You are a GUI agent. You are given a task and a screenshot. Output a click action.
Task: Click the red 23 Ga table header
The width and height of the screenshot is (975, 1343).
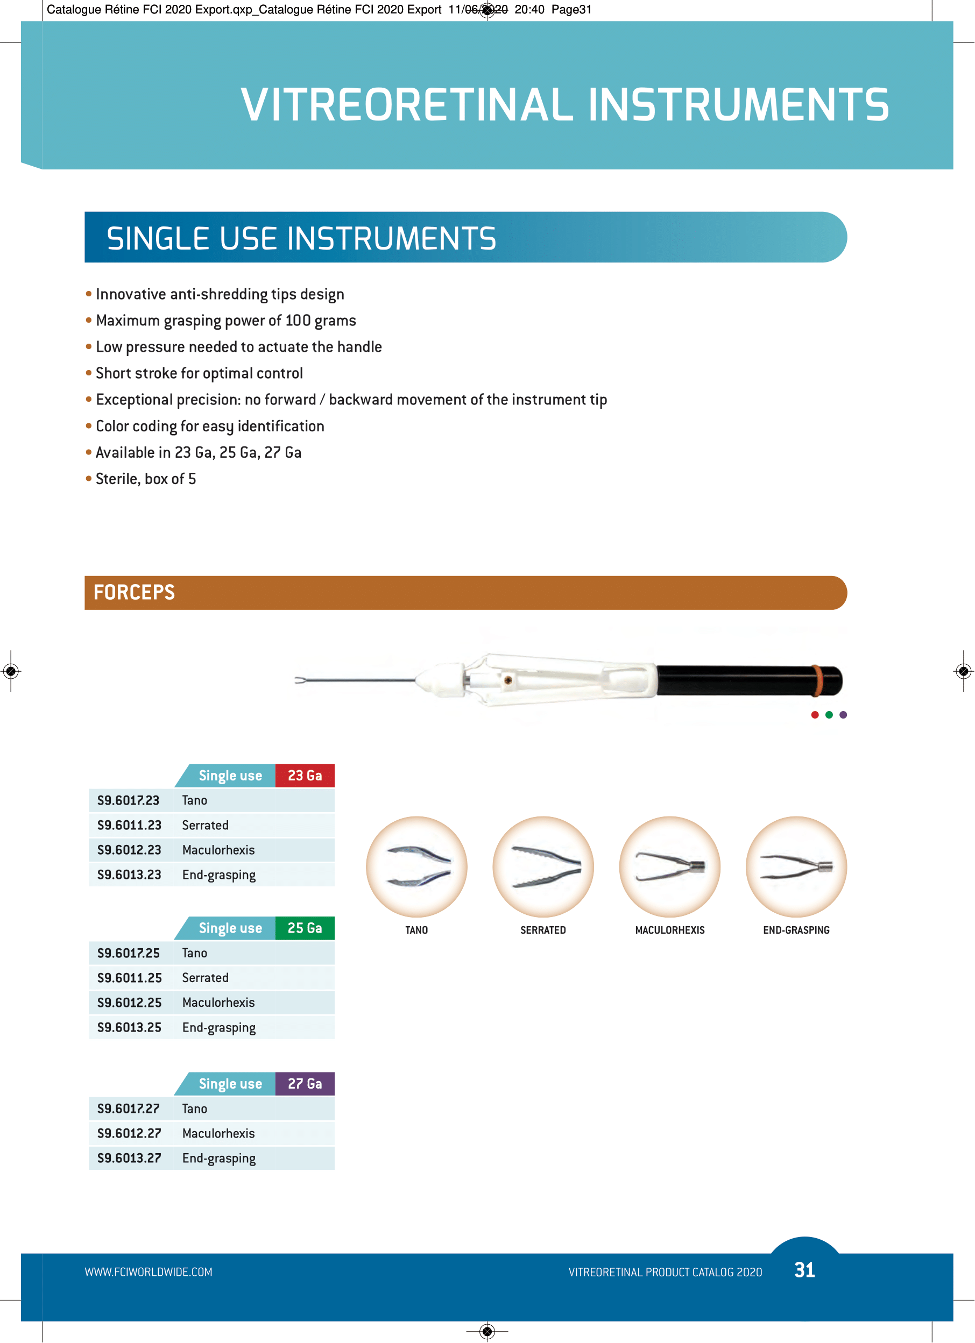point(305,776)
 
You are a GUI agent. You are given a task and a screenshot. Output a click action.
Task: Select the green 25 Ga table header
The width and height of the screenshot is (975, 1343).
point(305,928)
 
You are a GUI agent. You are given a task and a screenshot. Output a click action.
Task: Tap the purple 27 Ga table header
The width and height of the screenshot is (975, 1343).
point(305,1084)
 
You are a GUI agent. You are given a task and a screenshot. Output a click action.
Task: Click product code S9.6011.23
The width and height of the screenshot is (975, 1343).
point(129,826)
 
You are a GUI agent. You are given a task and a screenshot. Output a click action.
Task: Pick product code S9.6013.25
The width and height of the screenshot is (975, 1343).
point(129,1027)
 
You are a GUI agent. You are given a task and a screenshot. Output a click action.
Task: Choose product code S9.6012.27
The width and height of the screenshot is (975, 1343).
point(129,1133)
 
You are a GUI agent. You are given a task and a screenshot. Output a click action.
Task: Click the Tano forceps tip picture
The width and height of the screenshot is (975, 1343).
point(416,867)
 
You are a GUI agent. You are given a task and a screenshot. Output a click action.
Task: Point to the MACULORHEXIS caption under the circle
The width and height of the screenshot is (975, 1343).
point(670,930)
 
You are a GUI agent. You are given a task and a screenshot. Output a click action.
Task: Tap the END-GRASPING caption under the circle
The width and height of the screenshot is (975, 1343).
point(796,930)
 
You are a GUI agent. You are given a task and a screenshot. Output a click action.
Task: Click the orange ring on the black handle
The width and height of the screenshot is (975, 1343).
point(818,680)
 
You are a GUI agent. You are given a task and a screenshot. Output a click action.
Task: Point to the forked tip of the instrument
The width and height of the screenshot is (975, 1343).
point(300,680)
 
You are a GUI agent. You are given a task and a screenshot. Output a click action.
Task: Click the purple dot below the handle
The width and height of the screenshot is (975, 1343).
point(844,715)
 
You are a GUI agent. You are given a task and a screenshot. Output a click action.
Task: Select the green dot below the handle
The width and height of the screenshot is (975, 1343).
point(829,715)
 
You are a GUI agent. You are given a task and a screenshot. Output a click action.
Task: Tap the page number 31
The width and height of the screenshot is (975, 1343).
point(804,1270)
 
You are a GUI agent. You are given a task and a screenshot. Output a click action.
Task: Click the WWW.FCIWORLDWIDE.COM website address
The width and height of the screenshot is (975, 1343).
point(148,1272)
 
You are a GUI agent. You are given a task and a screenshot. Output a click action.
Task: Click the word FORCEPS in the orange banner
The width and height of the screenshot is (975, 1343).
point(135,593)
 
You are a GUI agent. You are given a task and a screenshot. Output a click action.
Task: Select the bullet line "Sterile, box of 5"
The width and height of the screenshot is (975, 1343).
point(146,479)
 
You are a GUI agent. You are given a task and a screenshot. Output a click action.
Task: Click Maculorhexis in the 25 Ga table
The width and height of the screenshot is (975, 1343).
point(218,1003)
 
